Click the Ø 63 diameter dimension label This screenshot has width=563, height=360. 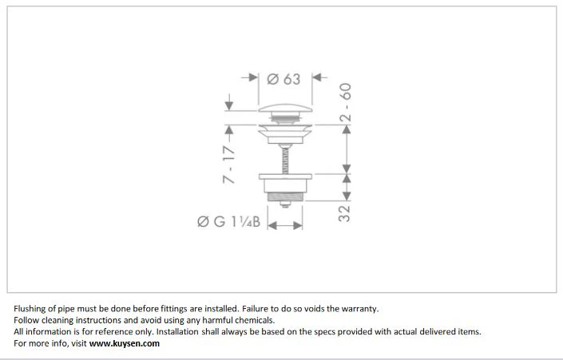click(283, 79)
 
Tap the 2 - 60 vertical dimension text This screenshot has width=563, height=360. click(346, 103)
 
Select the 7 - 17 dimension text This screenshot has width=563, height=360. click(228, 164)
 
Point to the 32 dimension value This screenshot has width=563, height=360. click(344, 214)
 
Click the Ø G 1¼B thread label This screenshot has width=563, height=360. click(228, 221)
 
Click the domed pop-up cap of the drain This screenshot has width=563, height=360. click(285, 108)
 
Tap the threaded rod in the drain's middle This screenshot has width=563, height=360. click(285, 160)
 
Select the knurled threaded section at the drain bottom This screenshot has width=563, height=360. click(285, 196)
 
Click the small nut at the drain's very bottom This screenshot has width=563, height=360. click(285, 204)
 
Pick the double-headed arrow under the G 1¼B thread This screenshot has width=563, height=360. click(285, 225)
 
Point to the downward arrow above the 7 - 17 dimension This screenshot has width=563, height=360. click(228, 102)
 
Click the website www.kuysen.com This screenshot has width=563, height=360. click(125, 343)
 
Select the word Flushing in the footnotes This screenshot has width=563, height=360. click(30, 309)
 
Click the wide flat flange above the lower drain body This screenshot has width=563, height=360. click(285, 176)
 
